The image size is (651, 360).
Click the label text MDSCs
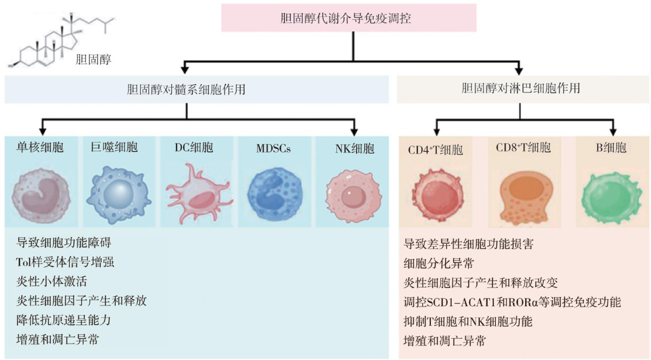click(x=274, y=149)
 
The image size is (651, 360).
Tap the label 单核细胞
click(x=40, y=148)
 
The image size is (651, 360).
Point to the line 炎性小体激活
click(x=51, y=281)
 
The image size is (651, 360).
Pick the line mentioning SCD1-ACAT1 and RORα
click(x=512, y=302)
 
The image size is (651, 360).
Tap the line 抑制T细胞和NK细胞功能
click(x=468, y=322)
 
